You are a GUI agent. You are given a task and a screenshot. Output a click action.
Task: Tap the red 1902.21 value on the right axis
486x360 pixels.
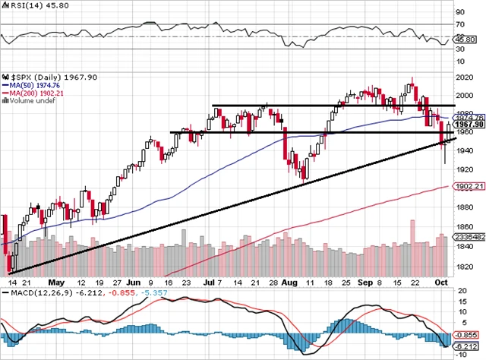[x=471, y=187]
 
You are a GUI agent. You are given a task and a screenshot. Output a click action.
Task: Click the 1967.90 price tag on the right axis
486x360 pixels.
[x=471, y=125]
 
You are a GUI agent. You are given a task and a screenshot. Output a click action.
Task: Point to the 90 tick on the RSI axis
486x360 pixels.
[x=460, y=13]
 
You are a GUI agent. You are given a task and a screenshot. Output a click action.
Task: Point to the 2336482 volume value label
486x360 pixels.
[x=472, y=238]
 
